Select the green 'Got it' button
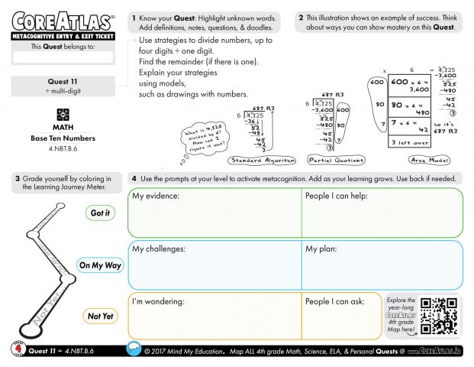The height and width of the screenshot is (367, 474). (x=100, y=213)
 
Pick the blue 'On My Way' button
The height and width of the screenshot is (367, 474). (x=100, y=265)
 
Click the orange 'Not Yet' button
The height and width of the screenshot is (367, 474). (x=100, y=315)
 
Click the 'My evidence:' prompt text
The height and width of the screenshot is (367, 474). (x=156, y=196)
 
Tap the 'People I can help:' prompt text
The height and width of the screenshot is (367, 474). (x=337, y=196)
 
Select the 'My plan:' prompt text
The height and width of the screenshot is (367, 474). (x=323, y=248)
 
